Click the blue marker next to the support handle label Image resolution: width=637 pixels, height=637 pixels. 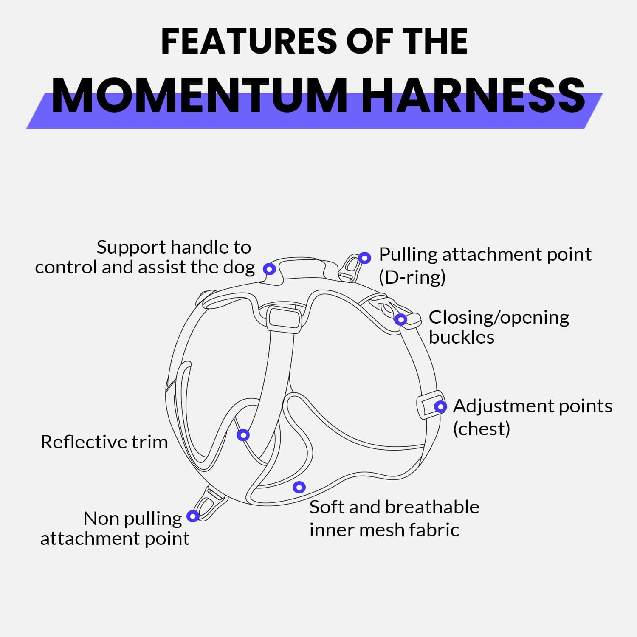click(x=269, y=269)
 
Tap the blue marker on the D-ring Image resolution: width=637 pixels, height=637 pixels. click(x=364, y=258)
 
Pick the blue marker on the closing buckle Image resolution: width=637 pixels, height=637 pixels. click(x=400, y=319)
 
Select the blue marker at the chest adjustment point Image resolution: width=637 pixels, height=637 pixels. click(x=440, y=407)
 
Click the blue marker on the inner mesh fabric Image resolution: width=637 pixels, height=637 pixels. click(x=299, y=487)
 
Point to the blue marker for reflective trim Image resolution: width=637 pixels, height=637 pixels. click(x=243, y=435)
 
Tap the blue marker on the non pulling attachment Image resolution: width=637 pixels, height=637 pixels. click(x=193, y=516)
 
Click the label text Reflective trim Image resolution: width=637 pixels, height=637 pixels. click(x=104, y=442)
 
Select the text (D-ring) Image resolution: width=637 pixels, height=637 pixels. click(x=412, y=277)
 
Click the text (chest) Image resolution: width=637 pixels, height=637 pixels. click(x=481, y=428)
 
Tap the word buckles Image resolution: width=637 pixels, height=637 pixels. click(x=462, y=337)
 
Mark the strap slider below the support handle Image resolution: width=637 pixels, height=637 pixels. click(x=284, y=318)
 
